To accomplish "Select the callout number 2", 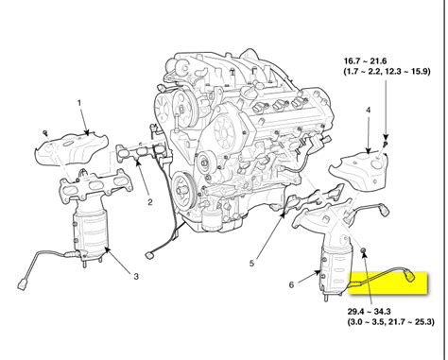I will (x=149, y=202).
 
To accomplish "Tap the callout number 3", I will (x=135, y=276).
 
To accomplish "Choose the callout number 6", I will (x=291, y=283).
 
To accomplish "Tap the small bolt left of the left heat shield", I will (x=43, y=129).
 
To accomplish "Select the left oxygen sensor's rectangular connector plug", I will (x=21, y=281).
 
